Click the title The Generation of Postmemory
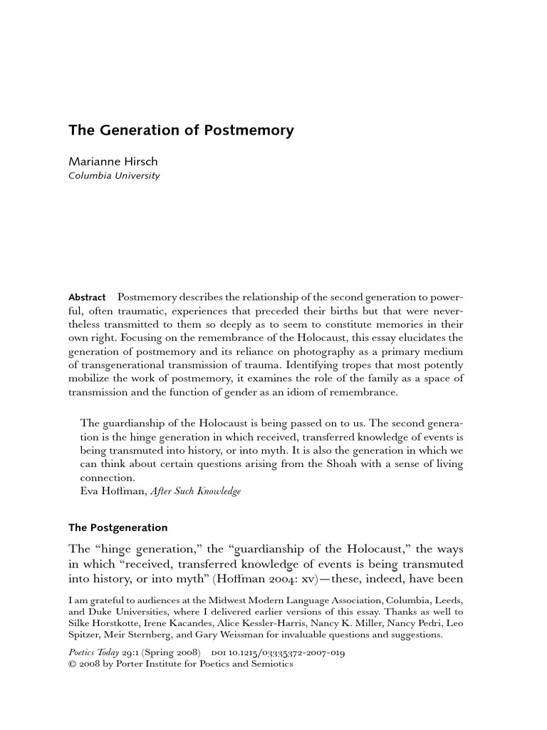181,131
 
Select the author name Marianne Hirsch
113,162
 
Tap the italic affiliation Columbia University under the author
114,176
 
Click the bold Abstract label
87,297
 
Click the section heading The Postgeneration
118,528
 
